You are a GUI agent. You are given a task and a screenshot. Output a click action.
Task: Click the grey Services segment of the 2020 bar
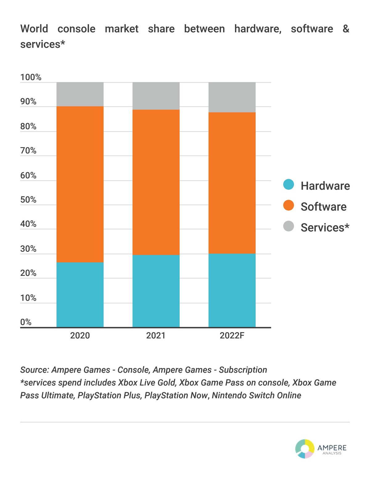[x=80, y=94]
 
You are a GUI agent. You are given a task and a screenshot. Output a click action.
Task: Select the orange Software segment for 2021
[x=156, y=182]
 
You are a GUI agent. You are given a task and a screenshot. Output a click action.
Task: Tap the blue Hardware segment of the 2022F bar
[x=232, y=290]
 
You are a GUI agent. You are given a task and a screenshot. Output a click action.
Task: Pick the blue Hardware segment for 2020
[x=80, y=295]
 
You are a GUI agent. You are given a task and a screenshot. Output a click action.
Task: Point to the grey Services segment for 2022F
[x=232, y=97]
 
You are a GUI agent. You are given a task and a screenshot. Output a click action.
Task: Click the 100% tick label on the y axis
[x=31, y=77]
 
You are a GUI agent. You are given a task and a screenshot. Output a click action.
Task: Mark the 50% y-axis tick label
[x=28, y=200]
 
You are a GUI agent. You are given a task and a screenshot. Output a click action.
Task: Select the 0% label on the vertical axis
[x=26, y=322]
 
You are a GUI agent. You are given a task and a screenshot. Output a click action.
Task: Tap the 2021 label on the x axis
[x=156, y=335]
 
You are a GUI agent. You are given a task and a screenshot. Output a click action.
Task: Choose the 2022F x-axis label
[x=232, y=335]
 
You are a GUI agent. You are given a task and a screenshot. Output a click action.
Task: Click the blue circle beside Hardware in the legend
[x=289, y=185]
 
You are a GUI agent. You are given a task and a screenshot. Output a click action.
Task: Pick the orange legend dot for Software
[x=289, y=205]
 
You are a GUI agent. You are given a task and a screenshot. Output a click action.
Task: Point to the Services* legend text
[x=325, y=227]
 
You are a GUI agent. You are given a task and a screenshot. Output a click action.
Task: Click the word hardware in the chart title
[x=258, y=29]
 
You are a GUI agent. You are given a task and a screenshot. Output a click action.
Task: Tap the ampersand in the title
[x=346, y=29]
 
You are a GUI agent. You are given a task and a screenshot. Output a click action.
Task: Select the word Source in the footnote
[x=34, y=370]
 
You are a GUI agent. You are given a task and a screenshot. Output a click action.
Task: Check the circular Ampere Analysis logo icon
[x=305, y=449]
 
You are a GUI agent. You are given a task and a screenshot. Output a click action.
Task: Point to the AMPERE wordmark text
[x=332, y=448]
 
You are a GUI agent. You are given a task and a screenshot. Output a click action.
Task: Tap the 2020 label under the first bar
[x=80, y=335]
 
